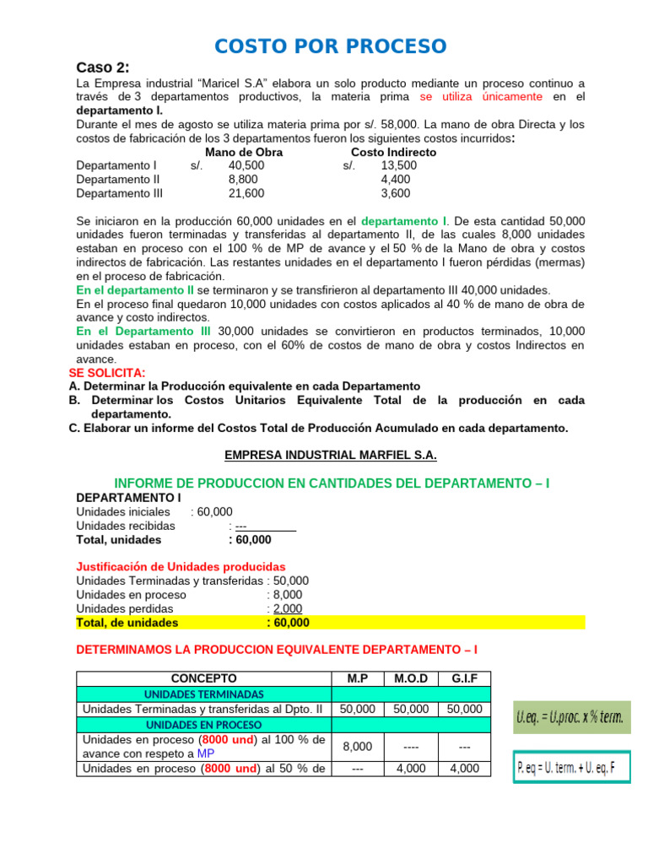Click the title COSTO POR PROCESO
pyautogui.click(x=330, y=46)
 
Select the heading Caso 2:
pyautogui.click(x=103, y=67)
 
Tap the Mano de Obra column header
pyautogui.click(x=244, y=152)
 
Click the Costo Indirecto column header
pyautogui.click(x=393, y=152)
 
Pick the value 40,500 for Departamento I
pyautogui.click(x=246, y=165)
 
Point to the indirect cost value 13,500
pyautogui.click(x=398, y=165)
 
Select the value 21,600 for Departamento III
pyautogui.click(x=246, y=193)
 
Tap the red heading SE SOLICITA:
pyautogui.click(x=106, y=373)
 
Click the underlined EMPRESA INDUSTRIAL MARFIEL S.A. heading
pyautogui.click(x=331, y=455)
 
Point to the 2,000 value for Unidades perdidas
pyautogui.click(x=287, y=608)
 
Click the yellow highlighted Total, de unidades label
pyautogui.click(x=127, y=623)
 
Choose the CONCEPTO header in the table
pyautogui.click(x=203, y=678)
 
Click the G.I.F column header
pyautogui.click(x=464, y=678)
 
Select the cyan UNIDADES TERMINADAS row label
pyautogui.click(x=203, y=694)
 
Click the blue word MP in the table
pyautogui.click(x=207, y=753)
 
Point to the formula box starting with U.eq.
pyautogui.click(x=570, y=719)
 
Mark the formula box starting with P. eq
pyautogui.click(x=571, y=769)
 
